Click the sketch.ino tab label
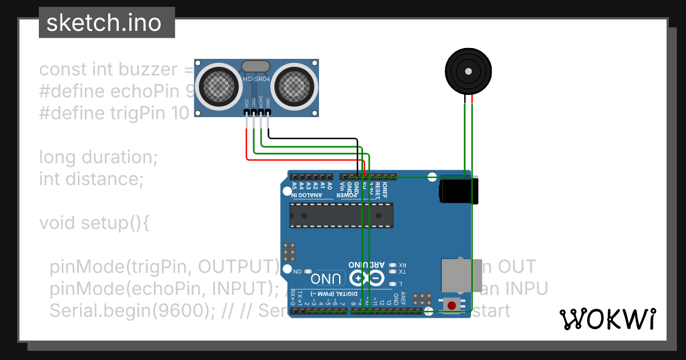pos(103,23)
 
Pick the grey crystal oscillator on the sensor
pos(256,67)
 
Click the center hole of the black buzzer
pos(468,72)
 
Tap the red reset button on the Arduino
pos(452,305)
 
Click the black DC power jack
pos(457,191)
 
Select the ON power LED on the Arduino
pos(308,271)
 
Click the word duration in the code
pos(119,157)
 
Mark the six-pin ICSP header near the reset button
pos(422,299)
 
